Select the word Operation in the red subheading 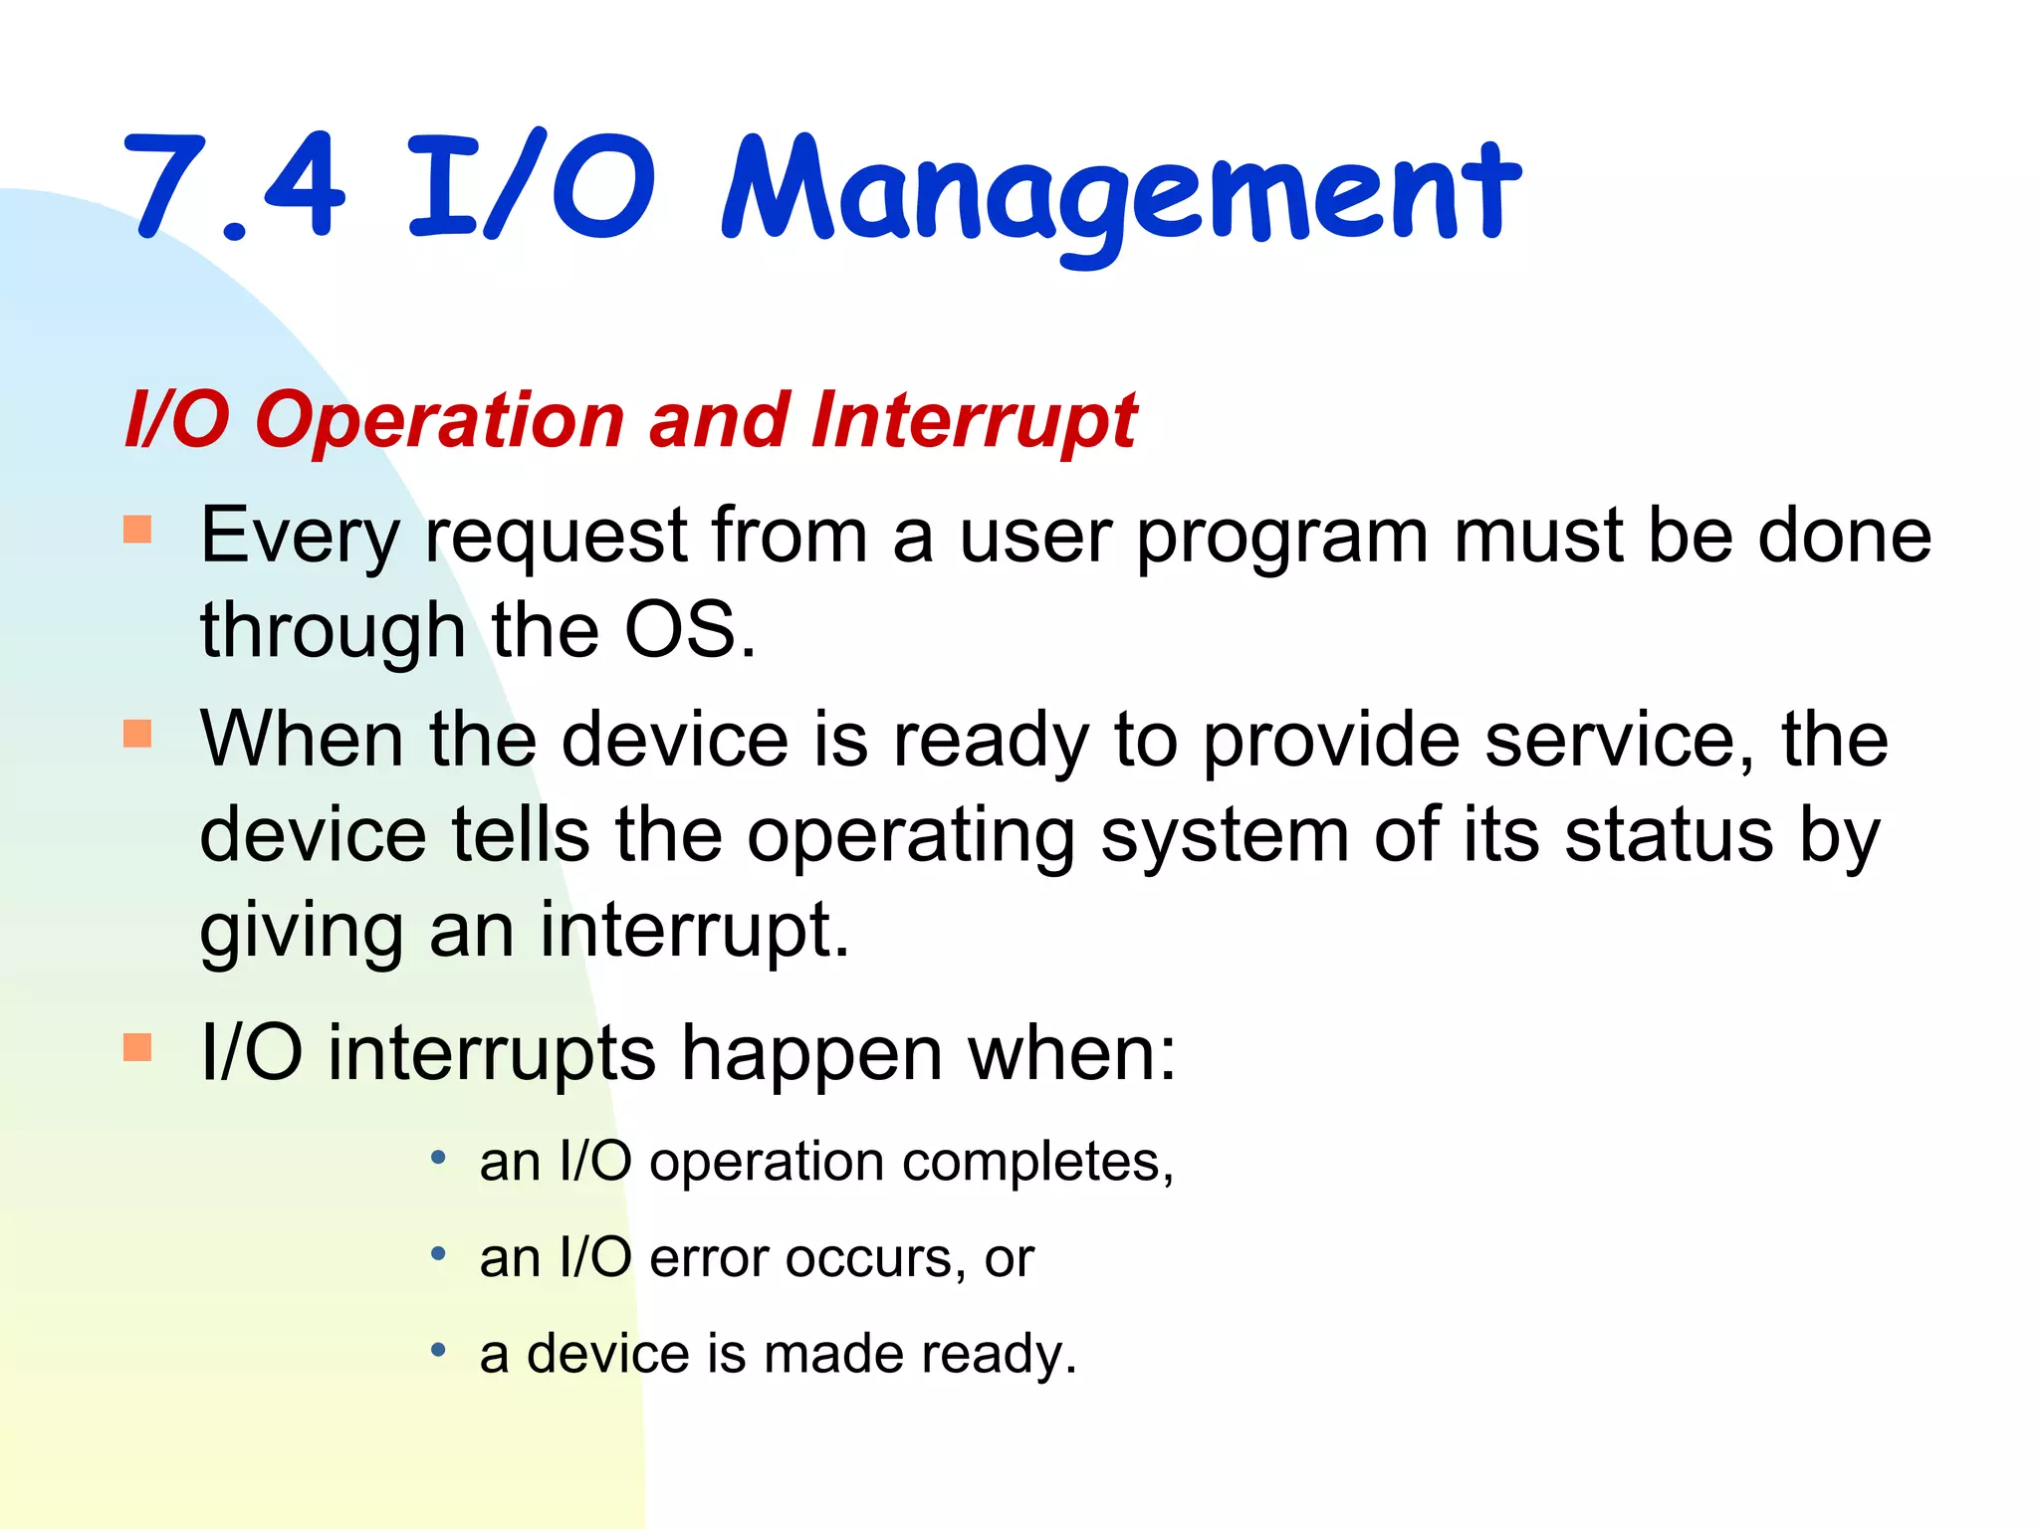tap(439, 421)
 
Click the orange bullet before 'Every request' tap(137, 529)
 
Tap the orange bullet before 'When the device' tap(137, 734)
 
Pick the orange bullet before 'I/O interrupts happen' tap(137, 1047)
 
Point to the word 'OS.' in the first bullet tap(689, 631)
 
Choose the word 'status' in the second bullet tap(1669, 835)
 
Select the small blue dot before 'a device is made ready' tap(438, 1350)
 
